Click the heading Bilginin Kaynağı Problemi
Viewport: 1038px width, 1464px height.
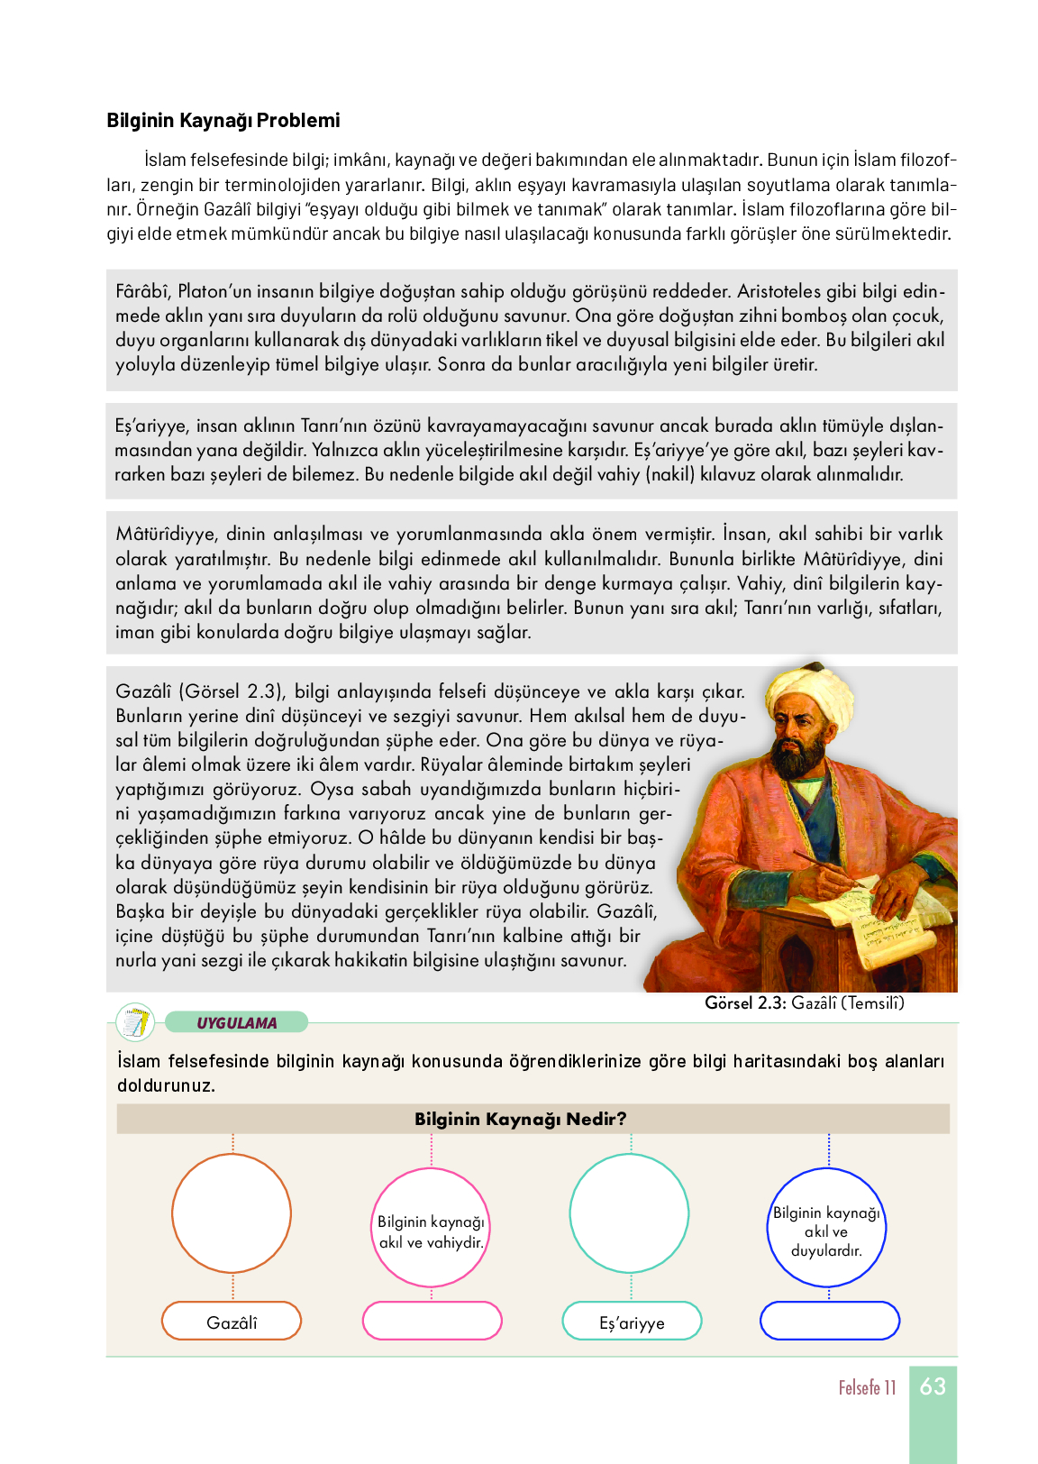point(223,121)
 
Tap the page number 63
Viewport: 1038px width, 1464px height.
point(933,1386)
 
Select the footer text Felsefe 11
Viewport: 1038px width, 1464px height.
point(867,1387)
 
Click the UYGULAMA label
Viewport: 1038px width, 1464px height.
point(237,1023)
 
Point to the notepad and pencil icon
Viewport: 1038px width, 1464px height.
point(135,1022)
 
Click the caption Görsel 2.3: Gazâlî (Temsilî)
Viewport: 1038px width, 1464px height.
point(804,1002)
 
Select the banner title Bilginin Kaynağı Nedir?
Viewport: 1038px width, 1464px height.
point(520,1119)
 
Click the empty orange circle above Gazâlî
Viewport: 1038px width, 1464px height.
point(232,1212)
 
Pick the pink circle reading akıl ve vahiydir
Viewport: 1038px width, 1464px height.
point(431,1227)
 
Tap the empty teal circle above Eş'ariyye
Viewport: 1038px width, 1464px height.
point(630,1212)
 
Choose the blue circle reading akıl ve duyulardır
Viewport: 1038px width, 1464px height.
point(827,1228)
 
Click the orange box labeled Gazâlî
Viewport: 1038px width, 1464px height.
point(232,1322)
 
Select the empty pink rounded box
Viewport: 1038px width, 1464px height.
point(432,1321)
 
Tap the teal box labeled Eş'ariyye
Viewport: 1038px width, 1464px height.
point(632,1322)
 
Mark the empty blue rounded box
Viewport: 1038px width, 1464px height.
point(830,1321)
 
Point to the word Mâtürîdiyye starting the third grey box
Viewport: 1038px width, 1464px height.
point(165,534)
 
